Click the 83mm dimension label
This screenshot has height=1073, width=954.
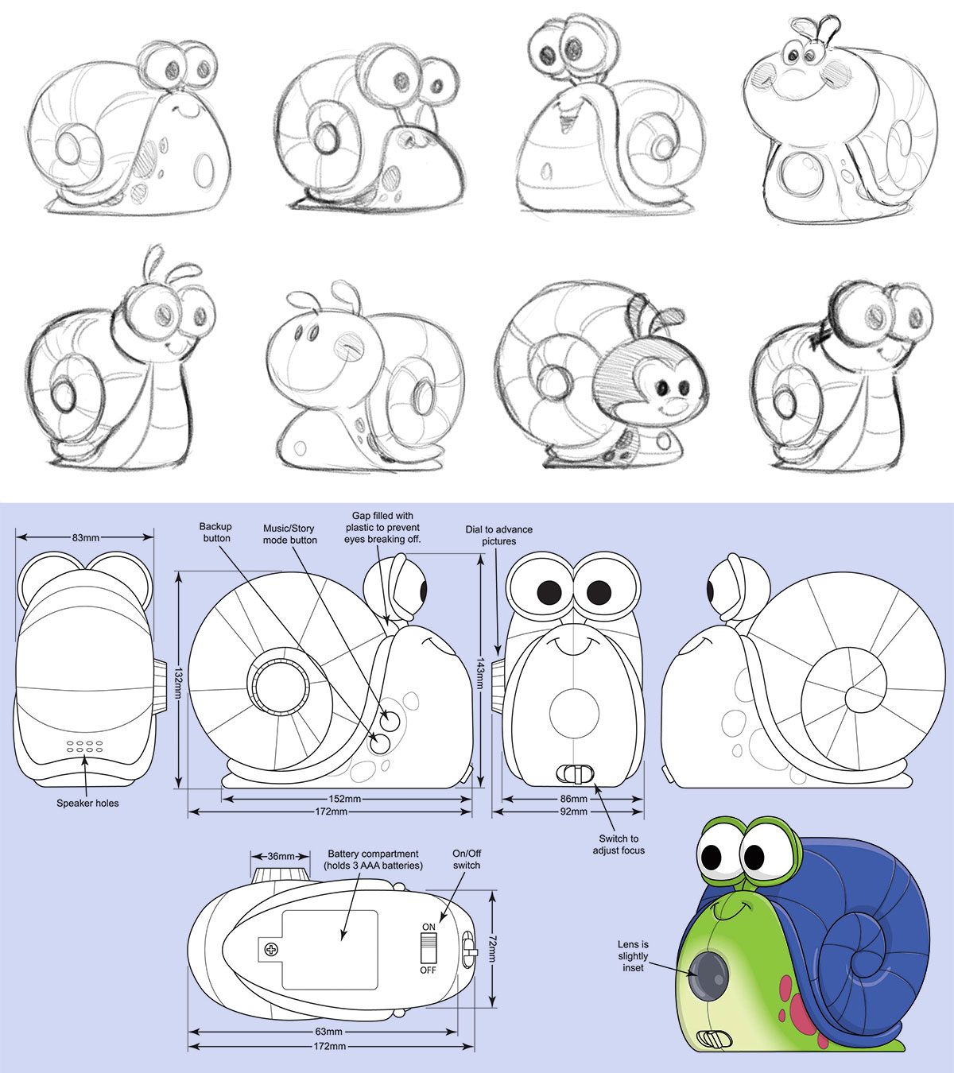[85, 537]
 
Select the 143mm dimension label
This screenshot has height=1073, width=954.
[480, 673]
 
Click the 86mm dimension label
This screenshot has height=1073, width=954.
[573, 799]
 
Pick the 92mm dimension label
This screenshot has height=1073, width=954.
[573, 812]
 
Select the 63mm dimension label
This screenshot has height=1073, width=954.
[328, 1032]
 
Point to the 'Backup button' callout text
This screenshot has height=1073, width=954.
[215, 533]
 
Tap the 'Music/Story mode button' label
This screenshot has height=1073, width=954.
[289, 534]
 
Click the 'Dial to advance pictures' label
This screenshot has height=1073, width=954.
[499, 536]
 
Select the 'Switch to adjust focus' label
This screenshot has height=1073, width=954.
[619, 844]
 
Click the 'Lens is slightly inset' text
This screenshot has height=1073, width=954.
[633, 956]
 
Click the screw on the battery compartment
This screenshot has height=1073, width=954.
[270, 950]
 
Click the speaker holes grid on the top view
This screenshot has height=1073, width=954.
[85, 747]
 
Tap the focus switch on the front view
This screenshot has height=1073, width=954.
[576, 774]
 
